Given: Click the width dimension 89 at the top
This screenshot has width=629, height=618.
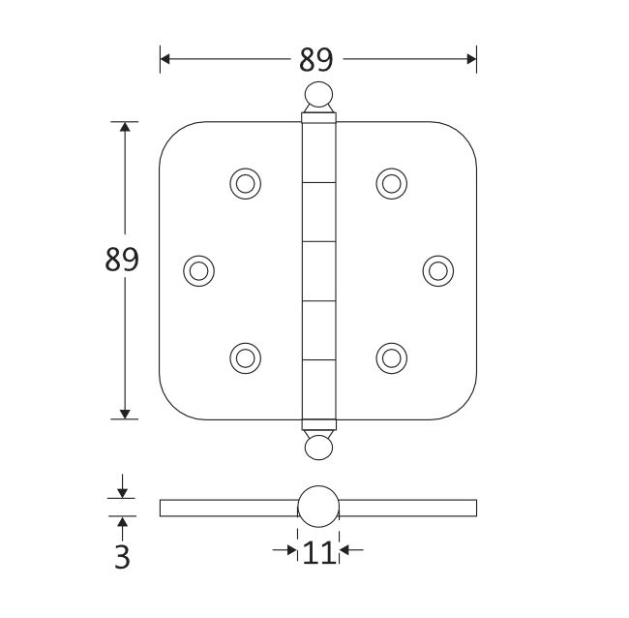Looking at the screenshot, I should point(315,60).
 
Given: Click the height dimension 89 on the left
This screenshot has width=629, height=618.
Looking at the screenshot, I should point(123,260).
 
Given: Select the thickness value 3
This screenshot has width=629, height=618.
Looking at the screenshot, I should point(122,557).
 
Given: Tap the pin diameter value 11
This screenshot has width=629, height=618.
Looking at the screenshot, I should point(317,553).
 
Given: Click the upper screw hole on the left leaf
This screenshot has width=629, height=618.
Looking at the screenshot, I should point(245,182).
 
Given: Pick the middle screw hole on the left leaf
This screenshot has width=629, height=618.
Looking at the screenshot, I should point(198,269).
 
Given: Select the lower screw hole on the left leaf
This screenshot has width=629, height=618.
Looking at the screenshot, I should point(245,356).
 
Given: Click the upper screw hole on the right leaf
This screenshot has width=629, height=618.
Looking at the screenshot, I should point(390,182).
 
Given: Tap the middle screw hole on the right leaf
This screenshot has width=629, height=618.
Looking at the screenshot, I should point(437,269).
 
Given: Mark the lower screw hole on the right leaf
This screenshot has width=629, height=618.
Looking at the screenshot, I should point(390,356).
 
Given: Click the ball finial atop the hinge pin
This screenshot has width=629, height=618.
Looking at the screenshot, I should point(317,95).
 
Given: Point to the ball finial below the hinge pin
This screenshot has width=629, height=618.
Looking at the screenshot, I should point(317,446).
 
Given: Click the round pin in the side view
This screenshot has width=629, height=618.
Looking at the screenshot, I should point(317,508).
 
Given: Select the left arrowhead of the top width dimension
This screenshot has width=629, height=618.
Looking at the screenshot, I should point(165,59).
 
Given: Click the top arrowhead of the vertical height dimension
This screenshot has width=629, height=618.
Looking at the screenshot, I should point(124,128).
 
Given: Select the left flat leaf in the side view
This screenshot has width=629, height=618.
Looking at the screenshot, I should point(227,508).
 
